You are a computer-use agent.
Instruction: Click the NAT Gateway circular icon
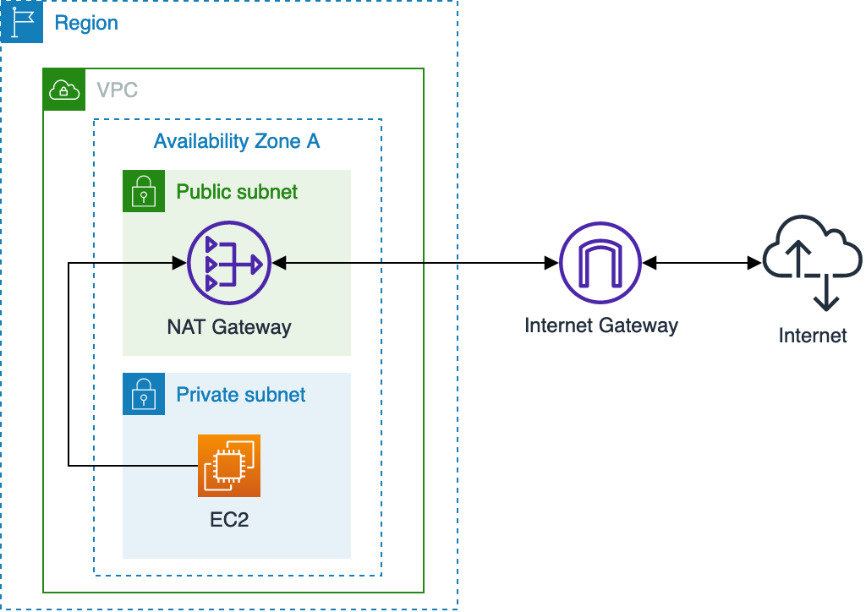(228, 265)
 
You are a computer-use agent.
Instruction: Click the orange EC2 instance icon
(229, 466)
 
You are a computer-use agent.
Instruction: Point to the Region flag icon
(22, 22)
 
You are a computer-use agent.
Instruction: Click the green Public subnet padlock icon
(144, 192)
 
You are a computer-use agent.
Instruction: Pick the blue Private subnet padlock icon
(144, 395)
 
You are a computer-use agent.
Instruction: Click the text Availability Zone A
(237, 141)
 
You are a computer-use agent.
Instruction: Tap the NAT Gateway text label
(229, 327)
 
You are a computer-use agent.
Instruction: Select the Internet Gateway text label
(601, 325)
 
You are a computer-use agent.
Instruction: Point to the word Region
(86, 23)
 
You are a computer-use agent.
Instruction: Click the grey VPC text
(117, 90)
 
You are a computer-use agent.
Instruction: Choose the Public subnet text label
(237, 192)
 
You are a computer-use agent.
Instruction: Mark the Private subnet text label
(241, 395)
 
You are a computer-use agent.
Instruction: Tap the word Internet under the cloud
(813, 336)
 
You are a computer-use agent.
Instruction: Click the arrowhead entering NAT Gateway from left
(179, 265)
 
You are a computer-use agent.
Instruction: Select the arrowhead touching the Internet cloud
(754, 265)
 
